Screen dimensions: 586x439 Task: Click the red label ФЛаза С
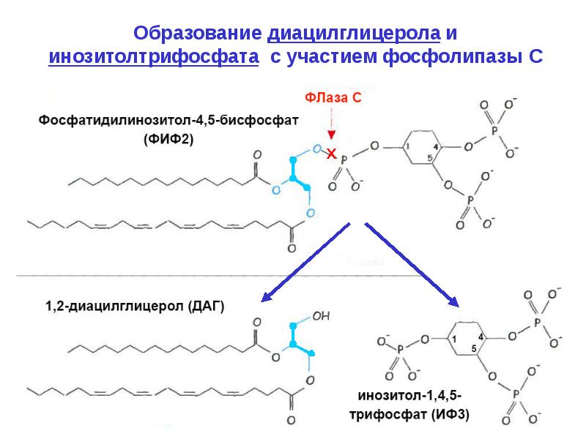(333, 98)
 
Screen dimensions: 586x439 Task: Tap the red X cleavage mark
(331, 154)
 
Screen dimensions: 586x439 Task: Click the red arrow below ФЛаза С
(331, 124)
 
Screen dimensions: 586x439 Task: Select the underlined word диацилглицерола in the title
(354, 34)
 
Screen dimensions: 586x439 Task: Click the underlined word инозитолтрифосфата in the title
(154, 57)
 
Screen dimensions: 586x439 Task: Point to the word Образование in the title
(197, 33)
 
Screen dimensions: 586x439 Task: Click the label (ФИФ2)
(168, 139)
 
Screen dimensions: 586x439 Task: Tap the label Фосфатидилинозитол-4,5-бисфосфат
(168, 121)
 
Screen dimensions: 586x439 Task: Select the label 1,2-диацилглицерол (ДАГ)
(135, 306)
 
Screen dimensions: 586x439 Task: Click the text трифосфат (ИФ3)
(409, 414)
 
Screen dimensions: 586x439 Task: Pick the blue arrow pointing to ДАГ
(305, 262)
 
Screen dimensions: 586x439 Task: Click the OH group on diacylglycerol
(321, 317)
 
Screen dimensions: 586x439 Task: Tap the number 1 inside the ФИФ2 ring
(408, 146)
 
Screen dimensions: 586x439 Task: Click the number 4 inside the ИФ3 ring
(481, 337)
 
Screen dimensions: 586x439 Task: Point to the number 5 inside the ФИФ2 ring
(430, 158)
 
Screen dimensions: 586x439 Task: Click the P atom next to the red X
(344, 161)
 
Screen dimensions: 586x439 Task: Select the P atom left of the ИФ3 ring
(400, 350)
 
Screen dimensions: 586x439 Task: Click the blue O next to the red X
(317, 149)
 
